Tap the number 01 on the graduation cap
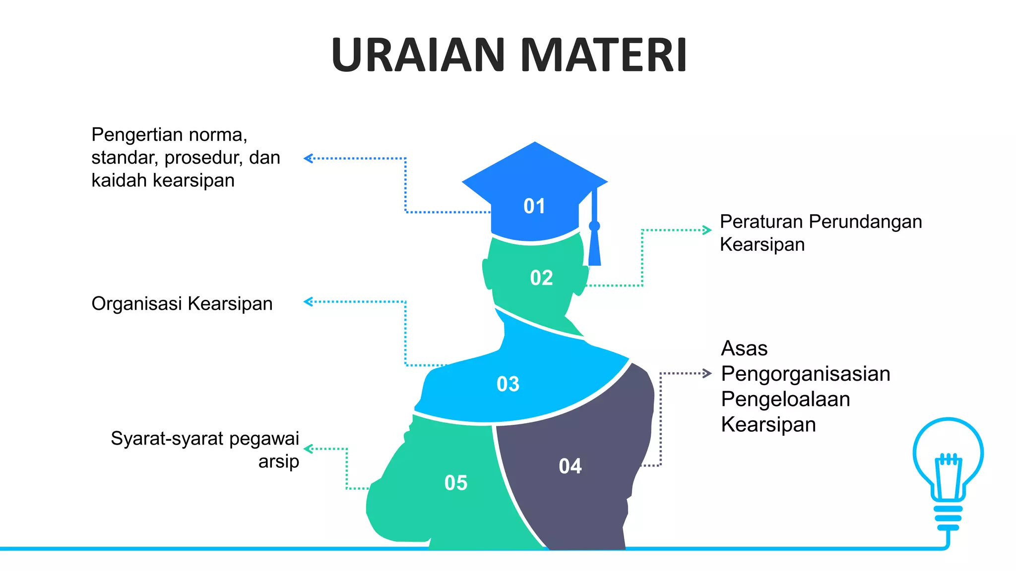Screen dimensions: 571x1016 click(534, 206)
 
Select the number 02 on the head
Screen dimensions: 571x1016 click(541, 278)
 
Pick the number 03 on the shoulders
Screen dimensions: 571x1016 click(508, 384)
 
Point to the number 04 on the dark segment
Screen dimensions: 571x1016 click(570, 466)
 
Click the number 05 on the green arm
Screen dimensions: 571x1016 click(456, 482)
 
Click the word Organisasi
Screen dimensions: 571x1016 click(137, 304)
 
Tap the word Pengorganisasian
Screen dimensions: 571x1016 click(805, 374)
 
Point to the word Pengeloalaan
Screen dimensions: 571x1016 click(785, 399)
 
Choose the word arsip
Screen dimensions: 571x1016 click(278, 461)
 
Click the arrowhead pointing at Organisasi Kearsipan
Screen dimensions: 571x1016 click(308, 301)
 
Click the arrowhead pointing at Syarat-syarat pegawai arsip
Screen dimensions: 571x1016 click(308, 449)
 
